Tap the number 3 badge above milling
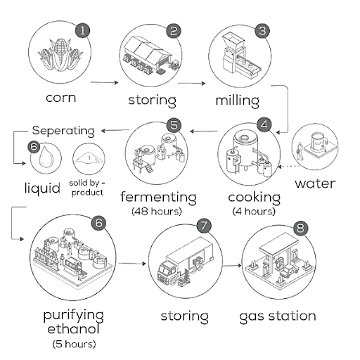point(262,30)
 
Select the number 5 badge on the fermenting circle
point(175,124)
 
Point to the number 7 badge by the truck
point(204,226)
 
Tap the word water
point(315,184)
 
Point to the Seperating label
point(63,131)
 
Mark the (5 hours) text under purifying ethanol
point(74,344)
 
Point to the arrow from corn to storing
point(105,83)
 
